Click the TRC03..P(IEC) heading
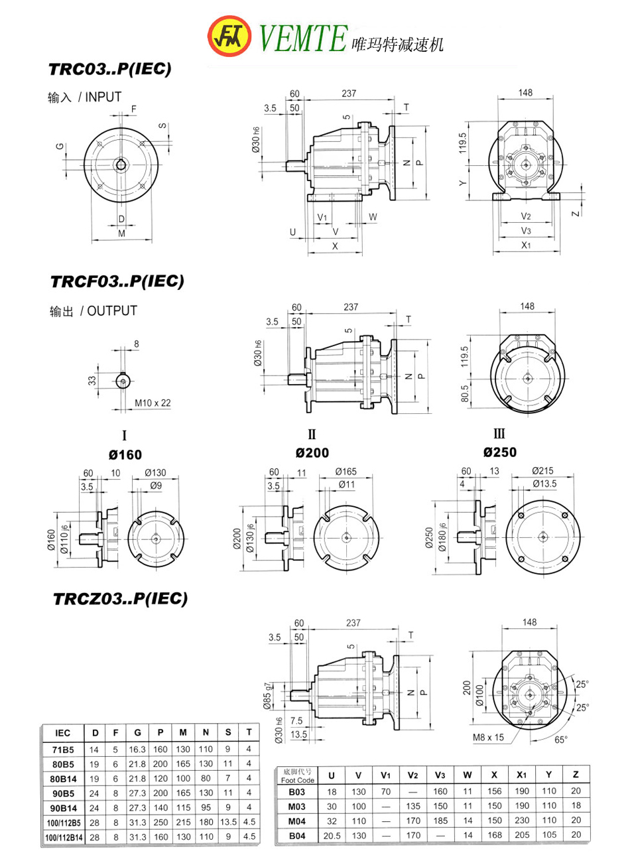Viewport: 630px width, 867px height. [x=109, y=69]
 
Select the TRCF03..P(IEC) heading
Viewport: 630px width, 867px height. [x=117, y=281]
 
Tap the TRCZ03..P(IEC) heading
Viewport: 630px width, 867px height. [x=120, y=599]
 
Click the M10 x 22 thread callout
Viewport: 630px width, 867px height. [x=153, y=403]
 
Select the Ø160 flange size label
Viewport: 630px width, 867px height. [x=125, y=454]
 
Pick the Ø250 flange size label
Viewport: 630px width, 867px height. [x=500, y=452]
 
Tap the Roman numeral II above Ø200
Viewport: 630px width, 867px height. [x=312, y=435]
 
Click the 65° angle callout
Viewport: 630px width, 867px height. [x=561, y=740]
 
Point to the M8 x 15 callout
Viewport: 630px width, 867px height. [x=489, y=737]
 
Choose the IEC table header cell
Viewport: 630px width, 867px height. [x=63, y=732]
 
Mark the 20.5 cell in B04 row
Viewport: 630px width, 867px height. [x=332, y=836]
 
